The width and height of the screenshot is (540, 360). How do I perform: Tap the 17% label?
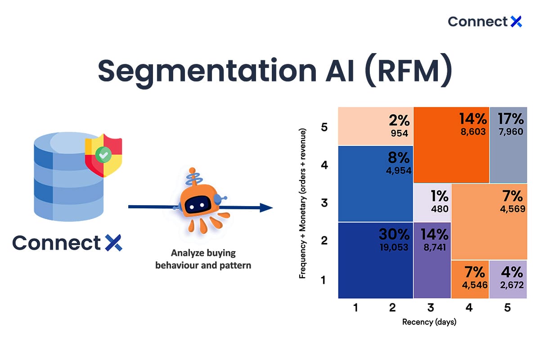point(511,119)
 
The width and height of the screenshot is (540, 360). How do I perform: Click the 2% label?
point(400,120)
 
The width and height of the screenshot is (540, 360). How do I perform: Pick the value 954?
point(400,133)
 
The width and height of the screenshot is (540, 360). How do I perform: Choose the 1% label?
point(439,196)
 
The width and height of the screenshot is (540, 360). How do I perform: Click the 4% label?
point(513,272)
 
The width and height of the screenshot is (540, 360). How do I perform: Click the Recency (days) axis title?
point(429,322)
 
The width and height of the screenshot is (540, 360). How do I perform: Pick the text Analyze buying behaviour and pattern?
point(203,259)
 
